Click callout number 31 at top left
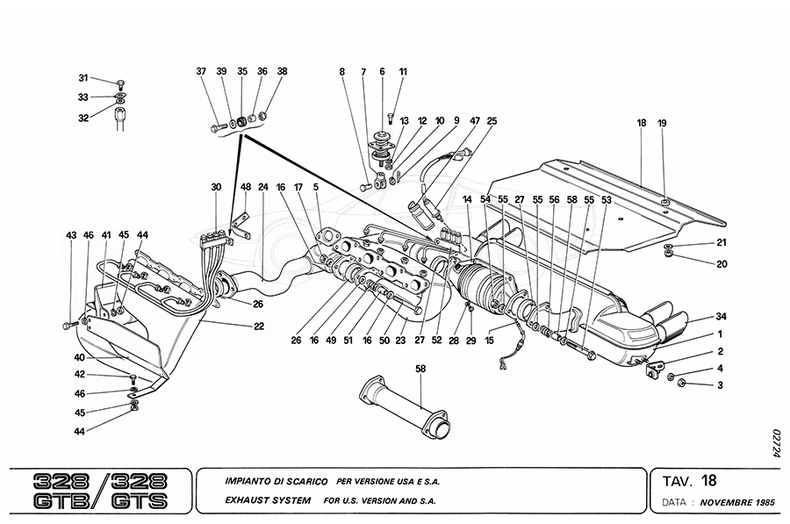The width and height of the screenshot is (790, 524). point(83,77)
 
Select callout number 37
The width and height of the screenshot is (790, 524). point(201,71)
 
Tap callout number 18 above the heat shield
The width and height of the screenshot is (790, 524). point(642,124)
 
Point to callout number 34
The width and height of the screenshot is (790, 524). point(721,316)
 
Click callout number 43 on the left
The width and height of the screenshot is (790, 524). point(71,235)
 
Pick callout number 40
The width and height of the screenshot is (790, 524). point(79,357)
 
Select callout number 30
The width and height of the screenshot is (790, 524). point(216,187)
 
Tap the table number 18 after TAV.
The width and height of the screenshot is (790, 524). point(709,481)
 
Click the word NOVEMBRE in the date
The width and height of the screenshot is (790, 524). point(732,503)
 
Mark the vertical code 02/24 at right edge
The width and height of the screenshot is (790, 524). point(775,443)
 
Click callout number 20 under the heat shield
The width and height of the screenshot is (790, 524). point(722,264)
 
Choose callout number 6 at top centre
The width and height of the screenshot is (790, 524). point(382,71)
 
